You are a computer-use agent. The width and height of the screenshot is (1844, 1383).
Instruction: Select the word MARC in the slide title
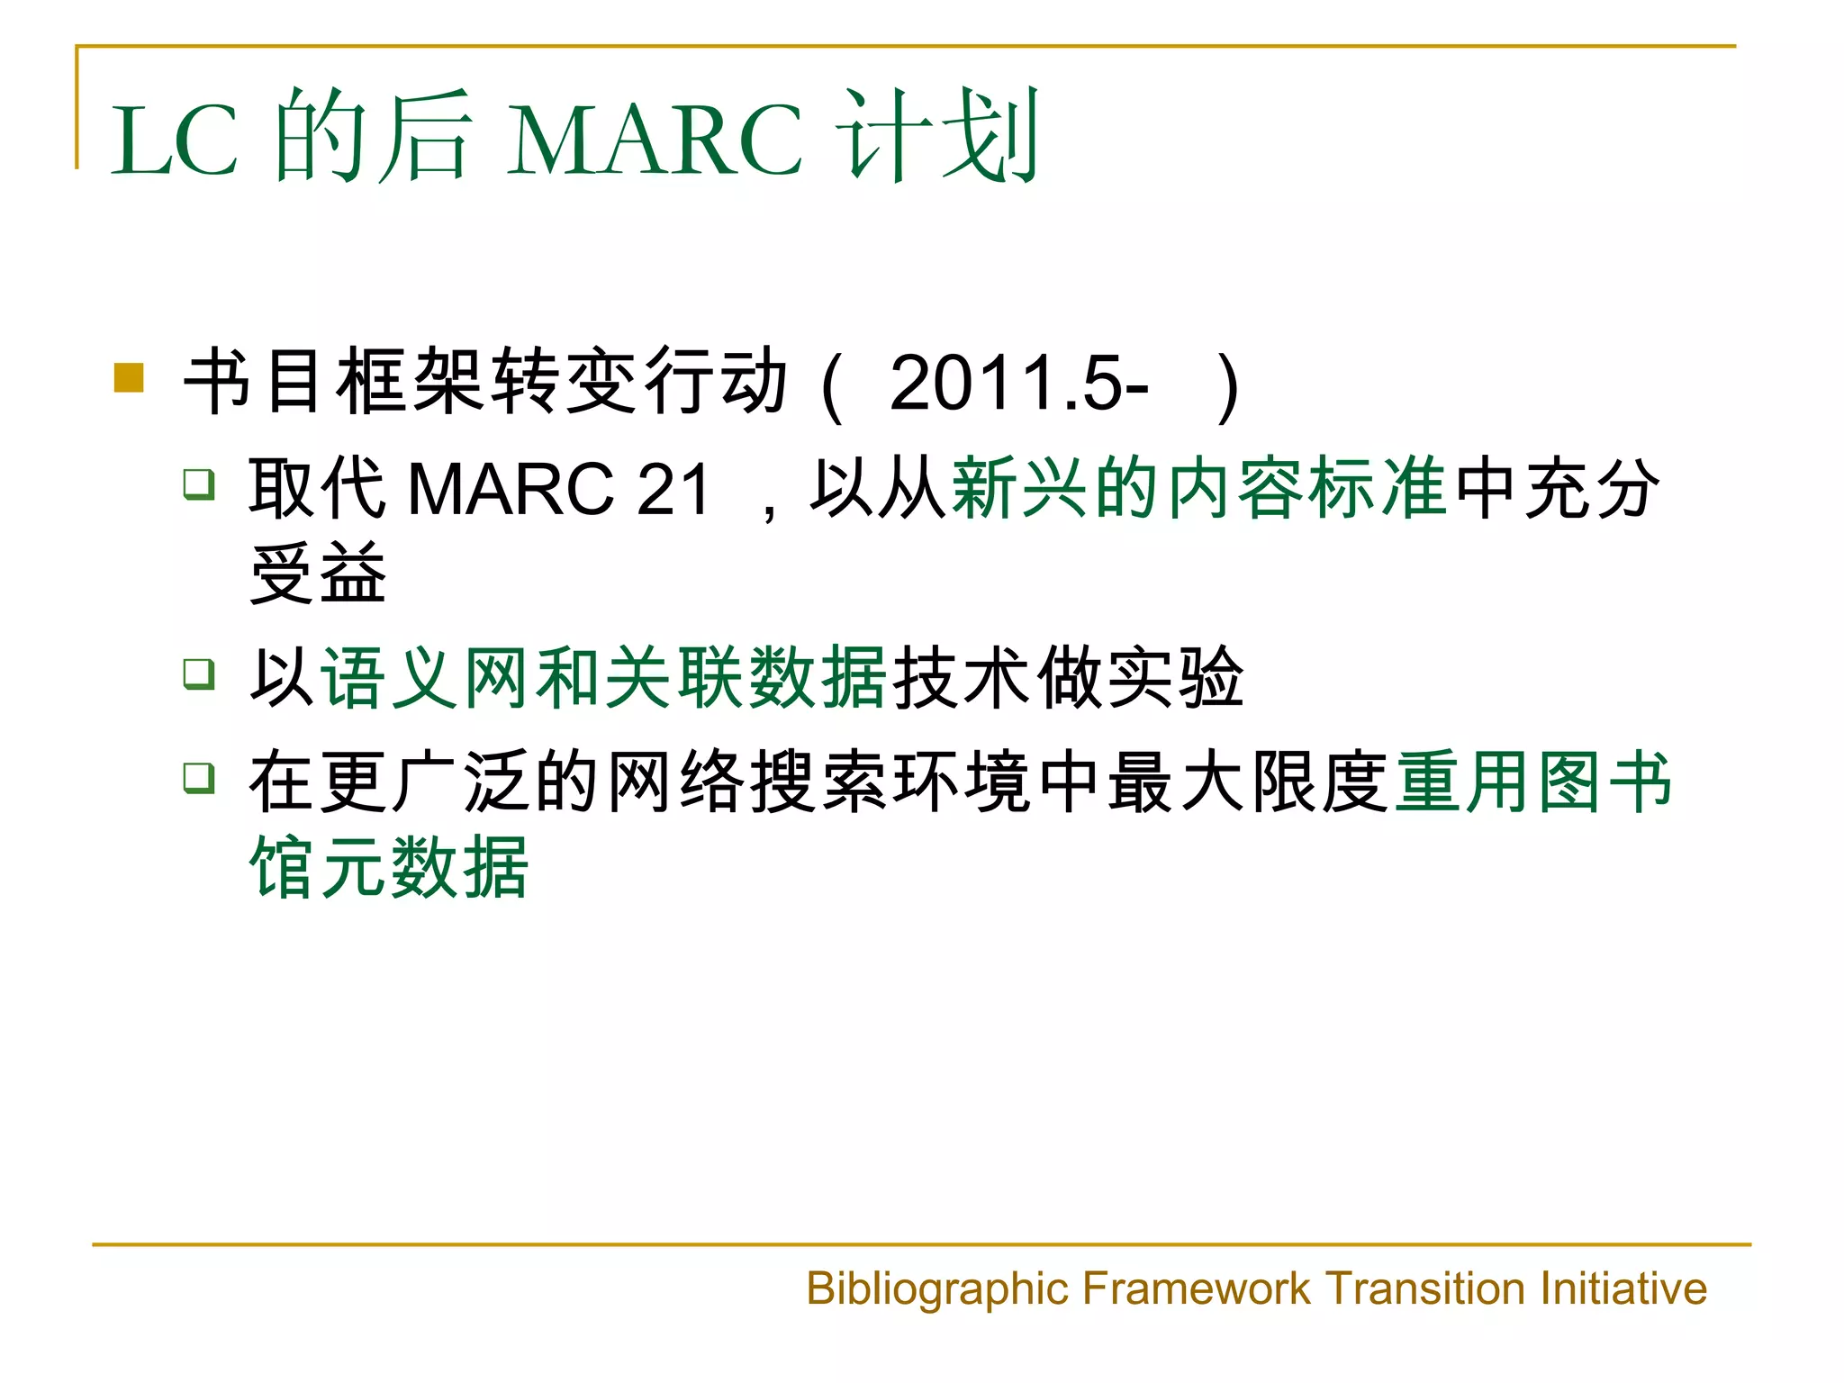(x=655, y=140)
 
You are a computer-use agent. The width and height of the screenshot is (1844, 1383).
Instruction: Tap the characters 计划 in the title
(x=938, y=135)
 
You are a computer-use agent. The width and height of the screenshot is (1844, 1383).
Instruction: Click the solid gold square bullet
(x=130, y=378)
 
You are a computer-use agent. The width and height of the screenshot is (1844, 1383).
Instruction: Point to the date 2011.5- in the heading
(x=1018, y=383)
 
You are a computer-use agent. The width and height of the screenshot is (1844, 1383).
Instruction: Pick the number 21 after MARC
(x=673, y=489)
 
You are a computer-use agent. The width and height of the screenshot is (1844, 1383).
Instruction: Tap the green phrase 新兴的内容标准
(x=1198, y=487)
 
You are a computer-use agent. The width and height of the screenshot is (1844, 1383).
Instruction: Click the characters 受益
(x=318, y=574)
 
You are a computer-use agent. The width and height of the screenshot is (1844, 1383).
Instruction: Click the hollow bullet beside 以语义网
(x=199, y=673)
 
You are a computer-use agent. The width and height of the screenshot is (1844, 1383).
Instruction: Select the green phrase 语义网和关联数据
(x=604, y=678)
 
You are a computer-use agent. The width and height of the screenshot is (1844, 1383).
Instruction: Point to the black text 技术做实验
(x=1068, y=678)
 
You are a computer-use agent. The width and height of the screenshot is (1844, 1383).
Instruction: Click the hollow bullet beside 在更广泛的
(x=199, y=777)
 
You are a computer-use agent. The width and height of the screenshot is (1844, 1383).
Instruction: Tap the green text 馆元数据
(x=389, y=867)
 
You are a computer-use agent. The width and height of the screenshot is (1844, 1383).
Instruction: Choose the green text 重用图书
(x=1533, y=782)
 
